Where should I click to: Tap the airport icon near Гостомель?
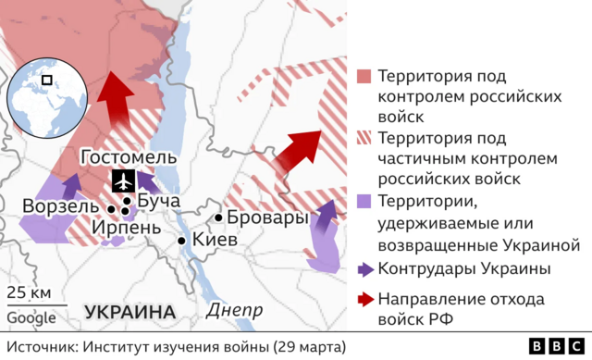pos(123,181)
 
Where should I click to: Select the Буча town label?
pos(158,201)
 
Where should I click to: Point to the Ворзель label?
pos(58,205)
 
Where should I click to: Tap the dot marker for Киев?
pos(183,241)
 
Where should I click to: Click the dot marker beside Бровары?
pos(218,218)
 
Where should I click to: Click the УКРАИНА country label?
pos(130,311)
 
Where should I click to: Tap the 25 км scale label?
pos(29,294)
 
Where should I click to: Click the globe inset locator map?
pos(44,97)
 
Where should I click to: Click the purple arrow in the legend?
pos(364,269)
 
